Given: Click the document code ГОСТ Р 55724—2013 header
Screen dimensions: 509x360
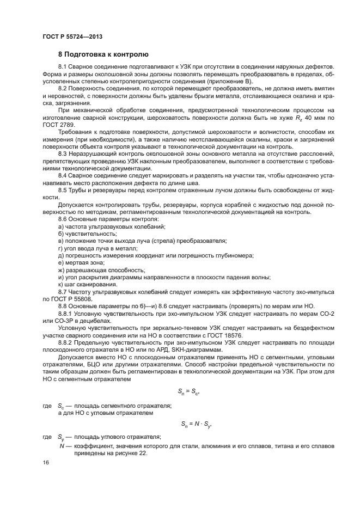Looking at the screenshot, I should [72, 36].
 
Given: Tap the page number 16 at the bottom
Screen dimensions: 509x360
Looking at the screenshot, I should [46, 463].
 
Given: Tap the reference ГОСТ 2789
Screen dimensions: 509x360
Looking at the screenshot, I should [55, 125].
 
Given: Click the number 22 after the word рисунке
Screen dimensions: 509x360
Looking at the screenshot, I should [141, 453].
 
